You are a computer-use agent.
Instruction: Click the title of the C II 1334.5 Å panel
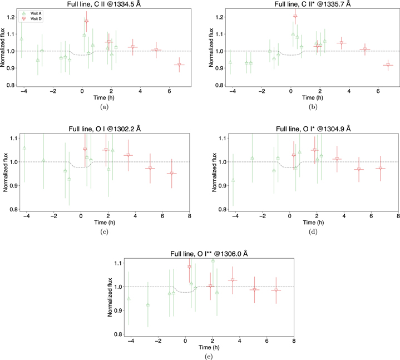(102, 4)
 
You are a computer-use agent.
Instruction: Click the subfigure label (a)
(102, 105)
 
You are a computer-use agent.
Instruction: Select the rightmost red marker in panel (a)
(179, 65)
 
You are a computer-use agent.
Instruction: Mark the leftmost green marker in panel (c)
(24, 148)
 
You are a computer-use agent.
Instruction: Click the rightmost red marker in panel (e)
(276, 290)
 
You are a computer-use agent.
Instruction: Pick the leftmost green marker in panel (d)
(233, 180)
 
